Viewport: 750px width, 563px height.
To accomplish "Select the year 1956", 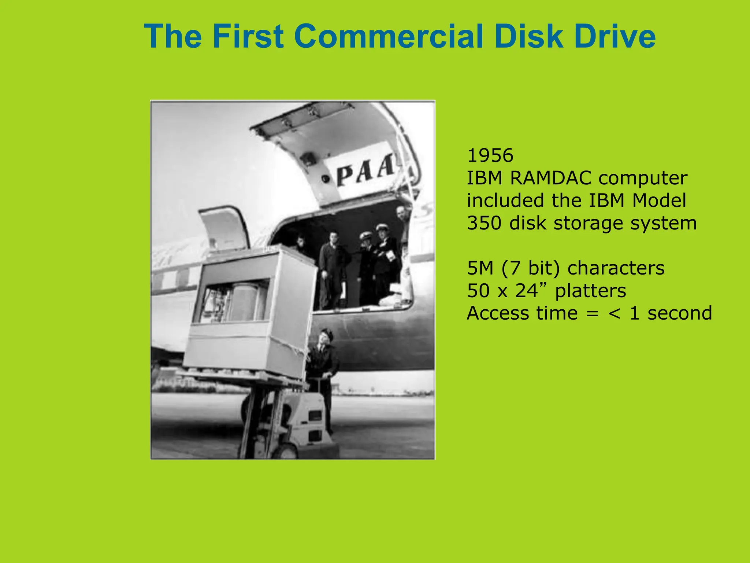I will pyautogui.click(x=490, y=156).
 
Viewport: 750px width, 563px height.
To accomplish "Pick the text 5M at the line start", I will pyautogui.click(x=480, y=268).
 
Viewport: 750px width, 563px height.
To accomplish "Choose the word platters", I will pyautogui.click(x=590, y=291).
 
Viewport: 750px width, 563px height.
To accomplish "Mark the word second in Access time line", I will pyautogui.click(x=679, y=313).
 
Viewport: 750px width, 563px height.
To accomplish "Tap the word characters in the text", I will pyautogui.click(x=616, y=268).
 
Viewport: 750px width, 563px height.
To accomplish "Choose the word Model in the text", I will pyautogui.click(x=659, y=201).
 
